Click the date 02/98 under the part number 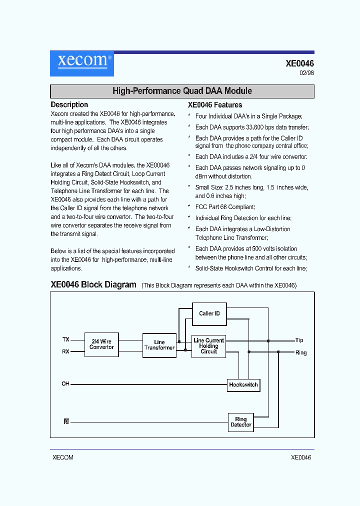click(x=306, y=73)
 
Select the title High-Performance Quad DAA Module click(x=182, y=91)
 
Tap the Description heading click(x=69, y=104)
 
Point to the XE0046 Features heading click(x=215, y=105)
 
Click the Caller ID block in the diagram click(x=209, y=313)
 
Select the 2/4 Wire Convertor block click(x=101, y=344)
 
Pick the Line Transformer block click(x=159, y=345)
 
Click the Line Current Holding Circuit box click(x=208, y=346)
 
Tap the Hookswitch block click(x=243, y=384)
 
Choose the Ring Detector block click(x=241, y=422)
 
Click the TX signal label click(x=65, y=339)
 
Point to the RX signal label click(x=65, y=351)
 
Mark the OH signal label click(x=65, y=384)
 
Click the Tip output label click(x=299, y=340)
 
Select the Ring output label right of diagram click(x=301, y=352)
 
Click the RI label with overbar click(x=66, y=421)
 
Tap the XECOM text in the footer click(x=63, y=457)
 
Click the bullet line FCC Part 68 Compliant click(x=225, y=206)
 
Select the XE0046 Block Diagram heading click(x=93, y=284)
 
